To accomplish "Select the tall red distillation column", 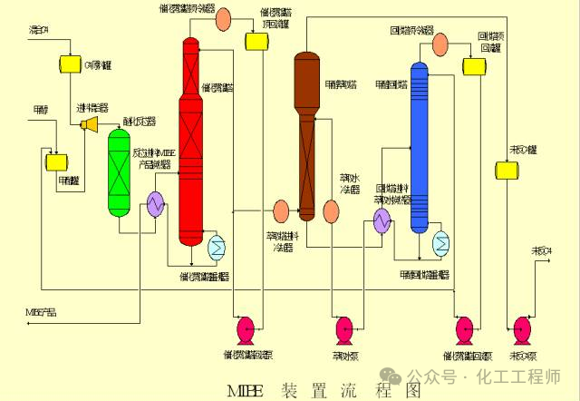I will (190, 136).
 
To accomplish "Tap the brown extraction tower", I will (306, 136).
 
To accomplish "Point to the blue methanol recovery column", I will (419, 145).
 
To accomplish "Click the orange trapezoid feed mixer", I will (90, 123).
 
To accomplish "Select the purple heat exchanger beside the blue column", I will (382, 220).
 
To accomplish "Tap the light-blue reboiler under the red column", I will (217, 245).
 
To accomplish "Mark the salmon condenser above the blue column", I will (440, 43).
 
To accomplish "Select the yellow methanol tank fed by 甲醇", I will (56, 161).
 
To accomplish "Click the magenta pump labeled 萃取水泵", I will (344, 328).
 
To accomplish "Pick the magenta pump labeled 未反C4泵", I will (523, 328).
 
